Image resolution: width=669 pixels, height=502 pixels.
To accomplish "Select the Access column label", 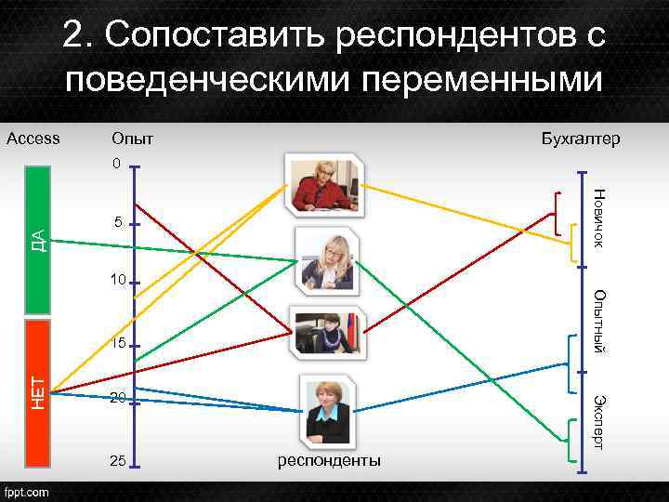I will pyautogui.click(x=33, y=139).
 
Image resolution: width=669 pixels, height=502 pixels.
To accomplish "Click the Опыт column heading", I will pyautogui.click(x=132, y=139).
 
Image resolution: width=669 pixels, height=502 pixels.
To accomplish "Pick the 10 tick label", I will pyautogui.click(x=115, y=281).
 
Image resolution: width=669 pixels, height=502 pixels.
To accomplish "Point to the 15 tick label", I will pyautogui.click(x=115, y=343).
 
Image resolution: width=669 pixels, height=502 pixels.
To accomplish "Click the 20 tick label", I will pyautogui.click(x=117, y=398).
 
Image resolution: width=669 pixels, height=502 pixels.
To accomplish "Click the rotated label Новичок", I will pyautogui.click(x=599, y=218).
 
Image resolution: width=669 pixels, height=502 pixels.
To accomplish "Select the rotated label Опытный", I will pyautogui.click(x=599, y=322).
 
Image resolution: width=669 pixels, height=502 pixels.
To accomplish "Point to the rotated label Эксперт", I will pyautogui.click(x=599, y=423).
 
